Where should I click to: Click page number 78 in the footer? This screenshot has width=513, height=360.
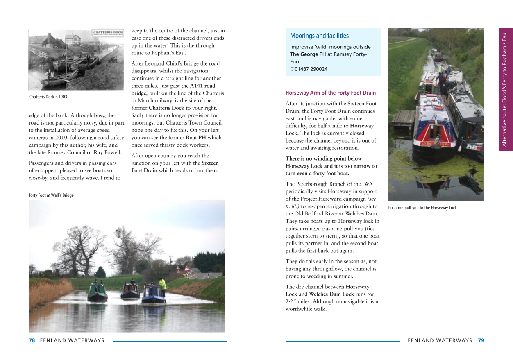(x=32, y=340)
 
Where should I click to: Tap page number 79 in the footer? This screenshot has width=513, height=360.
(x=481, y=340)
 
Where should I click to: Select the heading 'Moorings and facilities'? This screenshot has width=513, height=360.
(x=319, y=36)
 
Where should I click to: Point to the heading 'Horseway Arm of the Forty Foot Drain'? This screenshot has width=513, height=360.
(x=330, y=93)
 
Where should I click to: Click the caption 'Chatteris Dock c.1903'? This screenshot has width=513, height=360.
(x=48, y=97)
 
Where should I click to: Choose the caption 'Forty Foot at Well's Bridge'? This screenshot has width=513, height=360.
(x=51, y=195)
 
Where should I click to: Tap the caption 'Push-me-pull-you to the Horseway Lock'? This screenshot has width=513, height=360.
(x=422, y=208)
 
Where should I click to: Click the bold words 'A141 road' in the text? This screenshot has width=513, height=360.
(x=202, y=86)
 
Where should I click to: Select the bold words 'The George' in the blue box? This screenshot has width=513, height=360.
(x=304, y=54)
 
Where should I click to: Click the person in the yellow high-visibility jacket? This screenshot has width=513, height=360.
(x=163, y=285)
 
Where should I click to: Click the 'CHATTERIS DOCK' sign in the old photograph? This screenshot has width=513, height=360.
(x=107, y=32)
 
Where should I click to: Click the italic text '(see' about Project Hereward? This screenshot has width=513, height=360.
(x=372, y=199)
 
